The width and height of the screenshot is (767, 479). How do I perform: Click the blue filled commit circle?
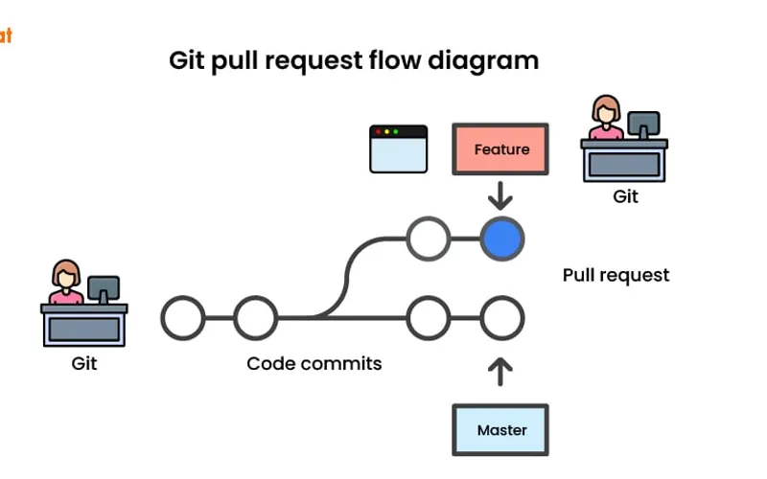point(501,239)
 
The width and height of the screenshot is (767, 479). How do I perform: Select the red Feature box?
point(500,149)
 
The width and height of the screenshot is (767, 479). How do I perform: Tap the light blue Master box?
point(501,429)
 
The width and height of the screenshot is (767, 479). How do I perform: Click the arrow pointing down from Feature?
point(500,196)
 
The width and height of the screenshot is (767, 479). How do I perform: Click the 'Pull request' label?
point(616,275)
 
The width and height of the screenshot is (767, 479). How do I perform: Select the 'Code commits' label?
point(314,363)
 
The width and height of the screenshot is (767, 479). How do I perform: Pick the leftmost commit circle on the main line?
point(182,318)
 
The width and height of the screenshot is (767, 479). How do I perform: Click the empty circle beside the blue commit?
point(428,239)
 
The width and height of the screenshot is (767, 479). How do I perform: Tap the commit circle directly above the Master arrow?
point(501,318)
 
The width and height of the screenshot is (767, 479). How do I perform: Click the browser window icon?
point(398,148)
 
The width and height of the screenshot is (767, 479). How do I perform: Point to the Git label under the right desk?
point(625,196)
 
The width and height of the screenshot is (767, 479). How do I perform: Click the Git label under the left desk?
point(84,363)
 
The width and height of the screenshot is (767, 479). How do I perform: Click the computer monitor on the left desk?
point(104,287)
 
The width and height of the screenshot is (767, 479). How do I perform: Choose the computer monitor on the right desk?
point(643,123)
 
